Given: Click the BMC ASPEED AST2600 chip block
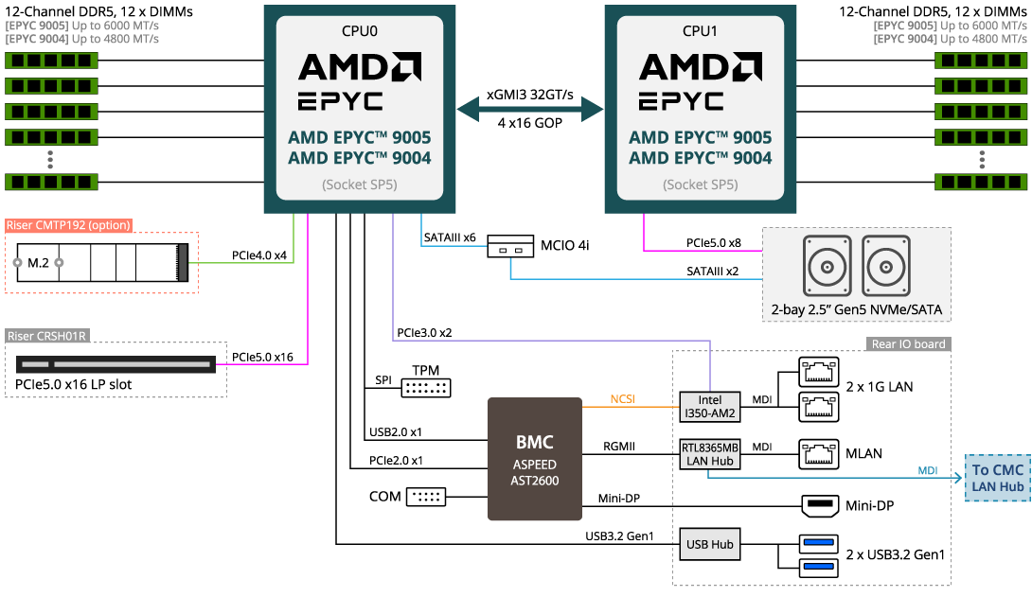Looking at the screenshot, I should [535, 459].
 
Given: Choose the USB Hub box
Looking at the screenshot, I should [710, 544].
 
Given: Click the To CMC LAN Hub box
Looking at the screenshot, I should [998, 478].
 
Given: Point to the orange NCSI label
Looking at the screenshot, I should [622, 399].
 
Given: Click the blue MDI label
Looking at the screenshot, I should [928, 470].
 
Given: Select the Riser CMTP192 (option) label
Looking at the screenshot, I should [68, 225].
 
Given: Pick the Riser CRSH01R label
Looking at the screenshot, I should [46, 336].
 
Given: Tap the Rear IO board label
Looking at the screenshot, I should [908, 344].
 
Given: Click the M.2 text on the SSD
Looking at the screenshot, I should [38, 262].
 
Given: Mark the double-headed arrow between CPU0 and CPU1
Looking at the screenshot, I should [530, 109].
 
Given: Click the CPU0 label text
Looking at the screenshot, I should [360, 30].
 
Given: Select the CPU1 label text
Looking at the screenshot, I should [701, 30].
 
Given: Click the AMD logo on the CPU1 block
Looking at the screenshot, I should [701, 67].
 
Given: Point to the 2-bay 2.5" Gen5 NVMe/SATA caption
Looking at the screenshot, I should [856, 309].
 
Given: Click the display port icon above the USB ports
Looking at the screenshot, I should [819, 506].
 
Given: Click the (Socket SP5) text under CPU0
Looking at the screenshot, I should [360, 184].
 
